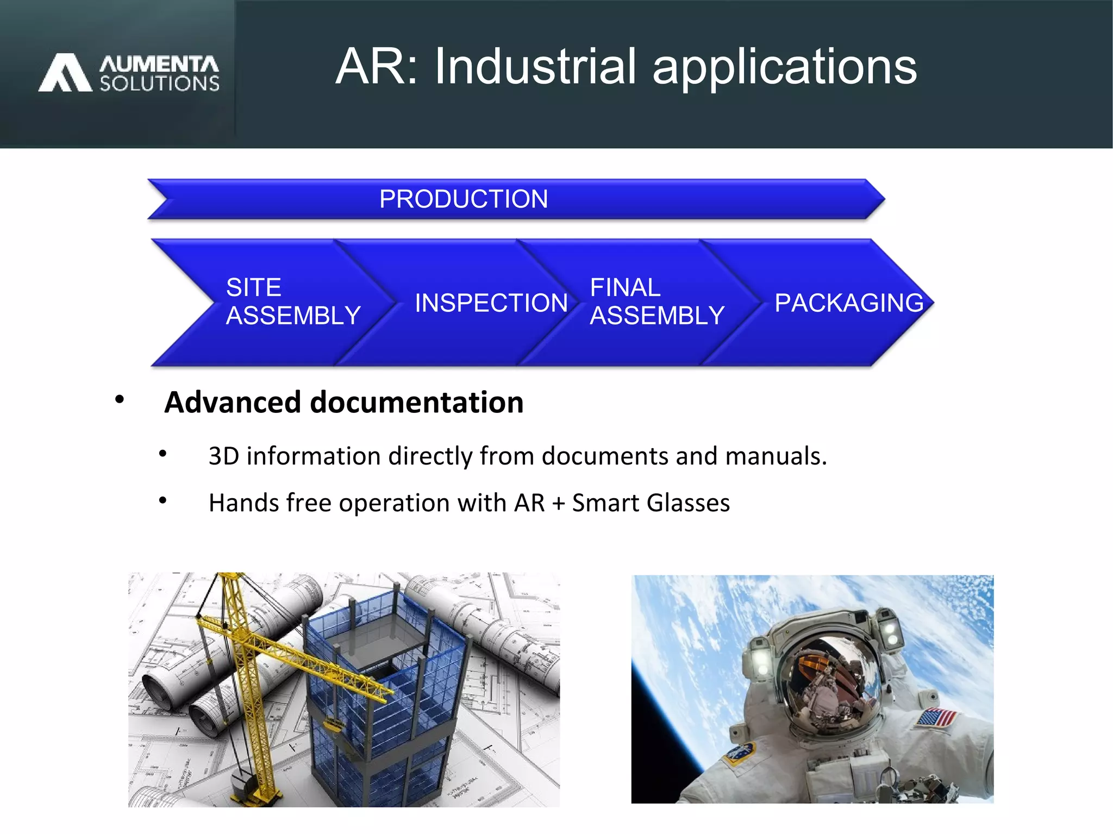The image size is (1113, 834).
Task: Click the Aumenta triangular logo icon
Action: (65, 72)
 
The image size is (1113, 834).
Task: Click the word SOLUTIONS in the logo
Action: (159, 84)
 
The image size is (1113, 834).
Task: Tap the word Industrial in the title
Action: (535, 66)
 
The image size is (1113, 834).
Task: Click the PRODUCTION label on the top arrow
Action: (463, 199)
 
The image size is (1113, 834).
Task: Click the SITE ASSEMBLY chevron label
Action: (292, 302)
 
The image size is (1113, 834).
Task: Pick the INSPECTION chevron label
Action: (491, 303)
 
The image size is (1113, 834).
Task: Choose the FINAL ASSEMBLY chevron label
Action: (656, 302)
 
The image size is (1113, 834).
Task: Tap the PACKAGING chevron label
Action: (848, 303)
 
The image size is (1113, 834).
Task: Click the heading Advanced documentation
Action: (343, 402)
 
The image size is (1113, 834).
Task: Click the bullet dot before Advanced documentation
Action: (120, 400)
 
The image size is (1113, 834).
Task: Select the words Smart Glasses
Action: (651, 503)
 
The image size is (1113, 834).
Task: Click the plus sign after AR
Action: (558, 504)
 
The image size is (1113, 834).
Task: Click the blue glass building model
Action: (380, 690)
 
